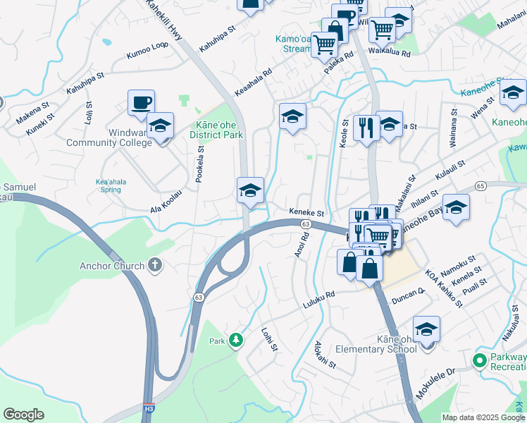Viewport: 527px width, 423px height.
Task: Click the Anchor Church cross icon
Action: pos(155,266)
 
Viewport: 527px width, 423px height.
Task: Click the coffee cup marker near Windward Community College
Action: pos(141,103)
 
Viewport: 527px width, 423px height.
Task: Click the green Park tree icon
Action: pos(236,341)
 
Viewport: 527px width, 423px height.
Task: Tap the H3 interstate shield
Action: pos(149,407)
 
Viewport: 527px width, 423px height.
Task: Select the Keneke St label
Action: pos(306,212)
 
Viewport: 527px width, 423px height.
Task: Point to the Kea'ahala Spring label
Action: pos(111,185)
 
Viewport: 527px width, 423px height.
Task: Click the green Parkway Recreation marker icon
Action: pos(480,362)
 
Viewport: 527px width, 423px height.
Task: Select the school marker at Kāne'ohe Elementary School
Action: pos(426,329)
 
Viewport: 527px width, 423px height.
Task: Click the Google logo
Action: pos(24,415)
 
